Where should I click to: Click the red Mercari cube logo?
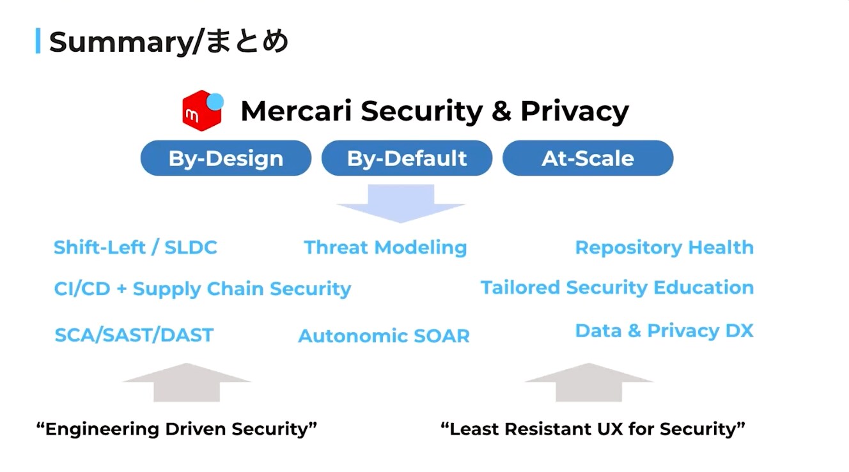click(x=201, y=112)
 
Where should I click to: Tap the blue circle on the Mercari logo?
click(x=215, y=102)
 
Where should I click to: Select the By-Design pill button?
click(x=226, y=158)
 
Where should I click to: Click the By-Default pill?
click(x=407, y=158)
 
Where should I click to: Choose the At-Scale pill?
click(x=588, y=158)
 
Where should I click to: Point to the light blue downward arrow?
click(x=401, y=203)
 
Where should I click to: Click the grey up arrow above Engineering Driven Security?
click(x=187, y=383)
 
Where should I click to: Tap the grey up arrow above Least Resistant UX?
click(x=589, y=383)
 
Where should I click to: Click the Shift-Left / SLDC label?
click(x=136, y=248)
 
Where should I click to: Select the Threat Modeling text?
click(x=385, y=248)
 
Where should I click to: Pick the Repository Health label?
click(x=664, y=248)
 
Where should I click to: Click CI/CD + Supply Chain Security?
click(x=203, y=289)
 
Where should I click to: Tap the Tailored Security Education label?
click(x=617, y=287)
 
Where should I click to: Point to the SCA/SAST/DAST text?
click(x=134, y=335)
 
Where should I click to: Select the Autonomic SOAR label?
click(x=384, y=336)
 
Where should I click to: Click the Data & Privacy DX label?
click(x=664, y=331)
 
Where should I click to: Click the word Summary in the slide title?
click(x=122, y=42)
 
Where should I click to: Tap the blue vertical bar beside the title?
click(x=38, y=41)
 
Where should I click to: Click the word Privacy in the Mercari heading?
click(x=575, y=112)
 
